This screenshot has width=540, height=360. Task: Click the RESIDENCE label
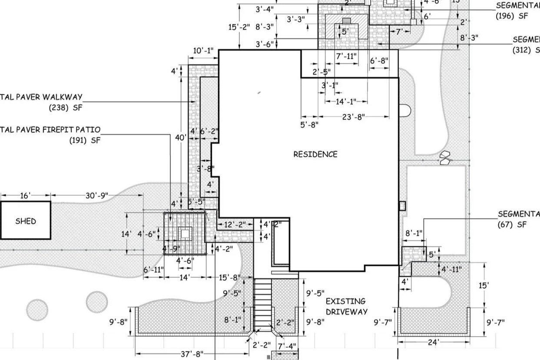315,154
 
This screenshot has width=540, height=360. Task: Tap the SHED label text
26,221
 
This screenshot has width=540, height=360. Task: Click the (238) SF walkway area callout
65,107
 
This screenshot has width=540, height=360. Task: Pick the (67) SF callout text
512,225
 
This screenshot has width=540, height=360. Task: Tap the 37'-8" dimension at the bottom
192,354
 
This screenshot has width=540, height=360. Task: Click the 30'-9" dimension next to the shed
96,196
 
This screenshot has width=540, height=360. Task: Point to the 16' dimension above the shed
25,196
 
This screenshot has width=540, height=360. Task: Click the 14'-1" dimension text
346,101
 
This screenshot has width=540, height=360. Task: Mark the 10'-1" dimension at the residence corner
203,51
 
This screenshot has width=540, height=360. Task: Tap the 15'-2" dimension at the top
239,26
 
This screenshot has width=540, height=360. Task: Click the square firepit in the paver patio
185,234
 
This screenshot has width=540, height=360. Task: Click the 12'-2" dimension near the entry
235,225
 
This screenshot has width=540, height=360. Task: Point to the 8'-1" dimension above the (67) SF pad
414,233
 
